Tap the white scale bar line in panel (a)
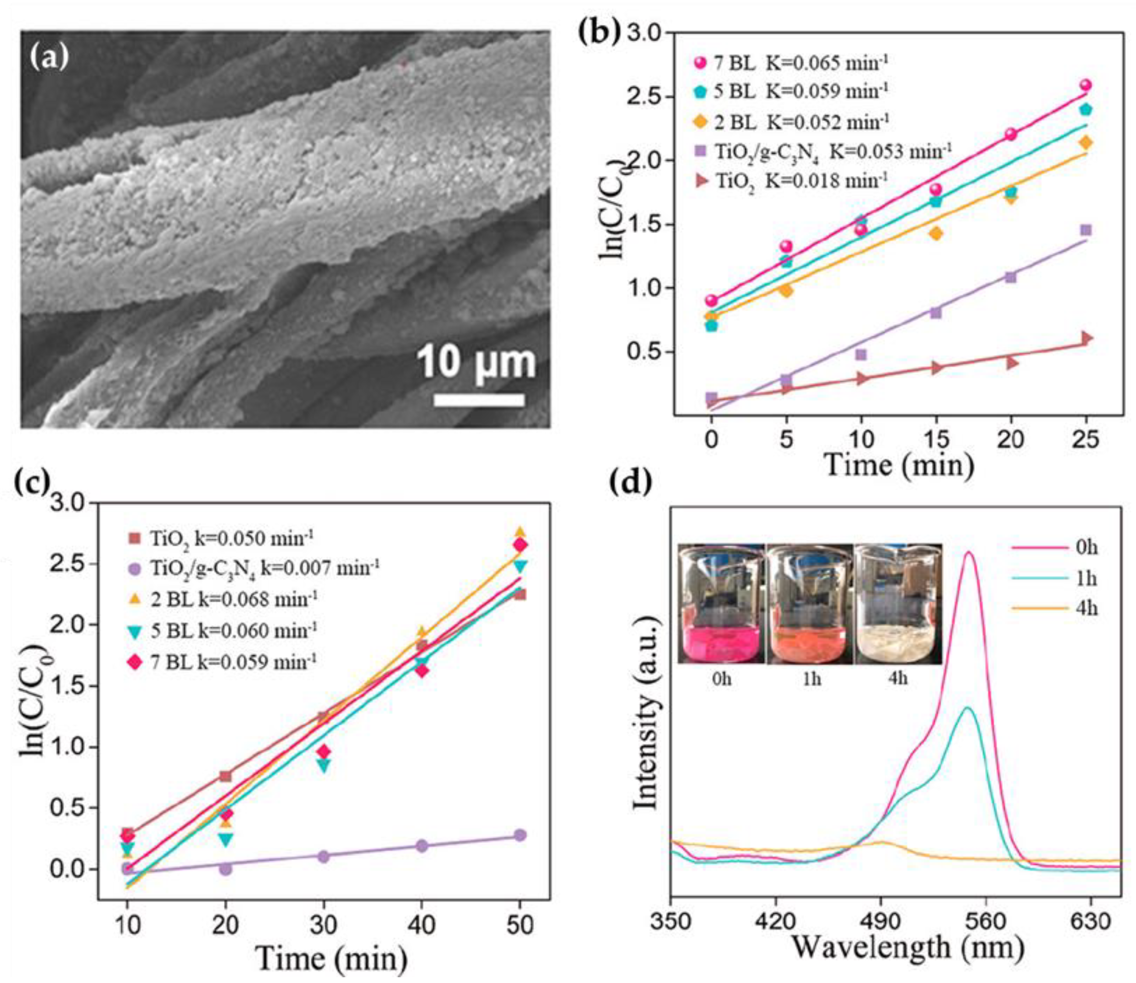coord(479,400)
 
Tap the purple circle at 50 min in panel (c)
coord(520,835)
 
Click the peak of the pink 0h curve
coord(969,552)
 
